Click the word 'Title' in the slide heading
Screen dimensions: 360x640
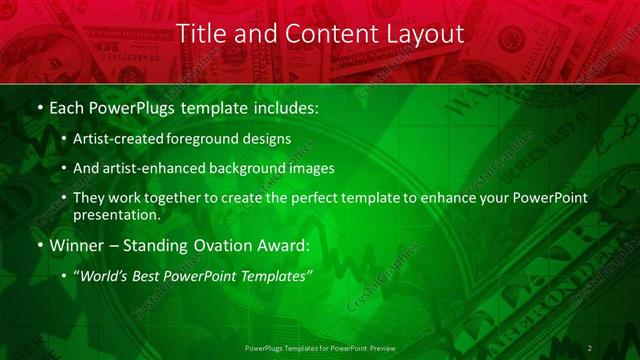pos(199,34)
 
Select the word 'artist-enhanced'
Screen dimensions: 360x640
pos(163,168)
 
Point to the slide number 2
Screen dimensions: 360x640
pos(590,348)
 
